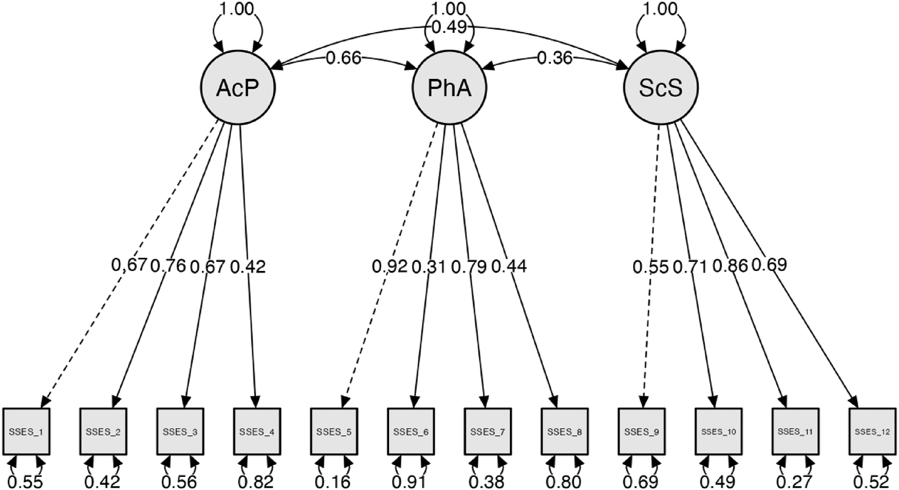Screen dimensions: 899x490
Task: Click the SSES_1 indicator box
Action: [27, 431]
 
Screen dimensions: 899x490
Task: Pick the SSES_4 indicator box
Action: [257, 431]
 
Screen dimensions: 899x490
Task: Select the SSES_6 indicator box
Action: [411, 431]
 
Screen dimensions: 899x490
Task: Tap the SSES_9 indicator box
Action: [642, 431]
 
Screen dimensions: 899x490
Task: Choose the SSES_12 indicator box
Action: [872, 431]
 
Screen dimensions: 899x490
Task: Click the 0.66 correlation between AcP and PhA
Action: [343, 58]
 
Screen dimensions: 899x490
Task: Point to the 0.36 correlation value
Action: [555, 58]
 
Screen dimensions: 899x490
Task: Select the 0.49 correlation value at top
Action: [449, 27]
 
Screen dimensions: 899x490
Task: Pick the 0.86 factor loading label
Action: [730, 266]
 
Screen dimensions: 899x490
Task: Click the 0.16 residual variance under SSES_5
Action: [333, 482]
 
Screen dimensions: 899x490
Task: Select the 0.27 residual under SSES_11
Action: [795, 482]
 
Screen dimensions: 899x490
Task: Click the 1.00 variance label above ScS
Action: [661, 9]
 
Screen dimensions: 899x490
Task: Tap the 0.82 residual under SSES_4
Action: [256, 482]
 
